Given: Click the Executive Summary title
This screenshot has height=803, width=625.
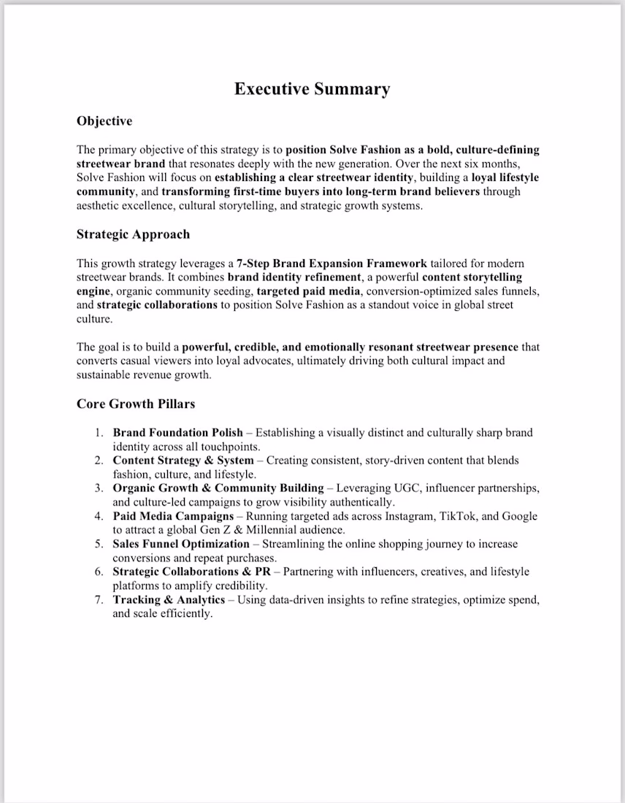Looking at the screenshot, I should coord(312,89).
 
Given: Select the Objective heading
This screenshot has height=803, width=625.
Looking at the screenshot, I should coord(104,121).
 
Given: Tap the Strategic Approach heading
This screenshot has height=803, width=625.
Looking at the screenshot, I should coord(133,234).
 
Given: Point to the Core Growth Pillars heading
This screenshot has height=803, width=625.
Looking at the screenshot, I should coord(136,404).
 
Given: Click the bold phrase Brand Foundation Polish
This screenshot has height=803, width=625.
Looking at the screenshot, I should coord(177,433).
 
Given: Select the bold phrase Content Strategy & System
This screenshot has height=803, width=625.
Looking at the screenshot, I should coord(183,461).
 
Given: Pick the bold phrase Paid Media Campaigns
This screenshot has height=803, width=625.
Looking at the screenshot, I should coord(173,516).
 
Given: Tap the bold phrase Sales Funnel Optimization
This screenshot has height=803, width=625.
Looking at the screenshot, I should coord(181,544).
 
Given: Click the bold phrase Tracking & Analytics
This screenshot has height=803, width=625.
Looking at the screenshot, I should coord(169,599).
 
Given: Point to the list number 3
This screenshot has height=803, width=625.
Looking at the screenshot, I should coord(99,488).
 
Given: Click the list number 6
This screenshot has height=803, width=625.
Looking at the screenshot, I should coord(99,572).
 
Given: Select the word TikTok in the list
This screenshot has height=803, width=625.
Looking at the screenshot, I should coord(457,516).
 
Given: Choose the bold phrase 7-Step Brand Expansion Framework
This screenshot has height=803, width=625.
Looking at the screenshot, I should coord(332,264).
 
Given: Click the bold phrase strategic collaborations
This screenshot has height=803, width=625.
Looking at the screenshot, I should coord(157,305).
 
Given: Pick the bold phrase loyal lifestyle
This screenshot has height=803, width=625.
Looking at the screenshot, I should coord(505,177).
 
